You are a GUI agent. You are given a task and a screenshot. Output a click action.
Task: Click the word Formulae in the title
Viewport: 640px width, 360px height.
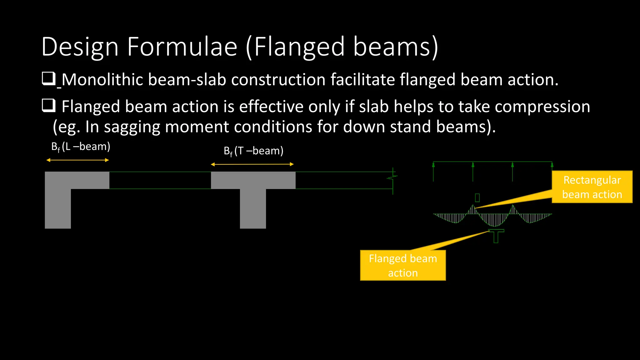(x=182, y=47)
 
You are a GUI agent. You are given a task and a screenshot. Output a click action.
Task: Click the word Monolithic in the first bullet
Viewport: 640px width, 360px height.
(x=102, y=80)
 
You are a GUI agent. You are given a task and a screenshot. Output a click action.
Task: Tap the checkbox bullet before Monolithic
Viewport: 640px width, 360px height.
(x=48, y=79)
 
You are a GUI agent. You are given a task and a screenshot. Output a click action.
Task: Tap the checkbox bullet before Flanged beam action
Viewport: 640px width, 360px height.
(x=48, y=106)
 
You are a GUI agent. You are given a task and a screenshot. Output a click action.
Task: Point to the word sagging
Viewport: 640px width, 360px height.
(x=132, y=127)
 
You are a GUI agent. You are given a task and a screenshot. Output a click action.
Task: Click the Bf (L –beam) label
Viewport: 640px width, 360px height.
(x=81, y=147)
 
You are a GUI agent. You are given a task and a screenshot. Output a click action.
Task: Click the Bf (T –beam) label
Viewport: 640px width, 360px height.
(x=253, y=151)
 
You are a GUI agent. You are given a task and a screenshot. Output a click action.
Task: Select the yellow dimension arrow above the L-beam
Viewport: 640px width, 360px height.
(x=77, y=160)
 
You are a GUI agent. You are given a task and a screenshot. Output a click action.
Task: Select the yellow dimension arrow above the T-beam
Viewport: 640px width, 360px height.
(x=252, y=164)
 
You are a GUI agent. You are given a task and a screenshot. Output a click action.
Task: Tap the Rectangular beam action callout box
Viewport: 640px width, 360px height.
(x=592, y=187)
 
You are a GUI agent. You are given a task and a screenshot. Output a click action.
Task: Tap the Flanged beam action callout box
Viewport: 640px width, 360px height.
(x=402, y=265)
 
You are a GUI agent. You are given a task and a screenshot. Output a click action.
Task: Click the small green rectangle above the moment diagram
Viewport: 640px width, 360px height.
(x=477, y=198)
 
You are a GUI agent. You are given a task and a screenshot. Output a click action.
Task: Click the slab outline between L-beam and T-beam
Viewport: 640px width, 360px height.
(x=160, y=180)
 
